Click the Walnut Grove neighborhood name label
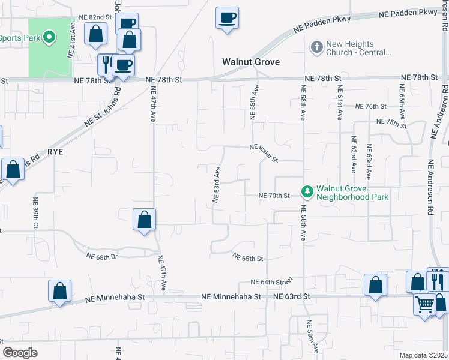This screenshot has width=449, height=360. click(252, 62)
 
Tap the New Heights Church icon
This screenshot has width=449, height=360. click(316, 46)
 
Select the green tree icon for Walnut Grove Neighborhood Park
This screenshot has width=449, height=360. click(307, 191)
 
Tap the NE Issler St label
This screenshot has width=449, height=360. click(264, 153)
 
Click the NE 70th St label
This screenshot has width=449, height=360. click(274, 196)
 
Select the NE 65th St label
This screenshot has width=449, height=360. click(249, 258)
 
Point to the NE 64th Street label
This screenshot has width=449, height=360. click(271, 281)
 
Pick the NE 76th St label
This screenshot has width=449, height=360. click(371, 106)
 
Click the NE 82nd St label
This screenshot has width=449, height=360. click(97, 19)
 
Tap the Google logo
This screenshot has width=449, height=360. click(20, 353)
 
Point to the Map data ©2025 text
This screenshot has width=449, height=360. click(423, 355)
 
